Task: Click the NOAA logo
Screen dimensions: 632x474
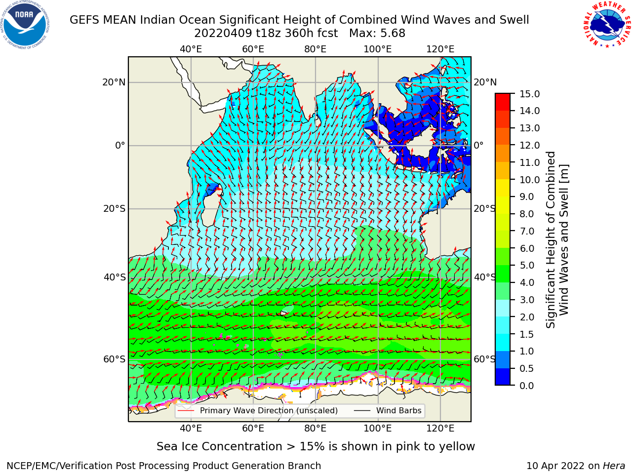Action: click(25, 25)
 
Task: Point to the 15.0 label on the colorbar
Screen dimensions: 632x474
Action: click(529, 94)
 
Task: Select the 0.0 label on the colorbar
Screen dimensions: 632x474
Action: click(527, 385)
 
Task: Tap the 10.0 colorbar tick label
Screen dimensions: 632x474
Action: click(529, 180)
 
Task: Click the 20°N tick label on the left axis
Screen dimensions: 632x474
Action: click(114, 82)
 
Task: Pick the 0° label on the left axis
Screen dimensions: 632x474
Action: click(120, 145)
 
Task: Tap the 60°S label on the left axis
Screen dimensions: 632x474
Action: click(115, 359)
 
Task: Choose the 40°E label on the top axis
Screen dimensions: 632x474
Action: click(191, 49)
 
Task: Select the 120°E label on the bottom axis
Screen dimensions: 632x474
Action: click(440, 428)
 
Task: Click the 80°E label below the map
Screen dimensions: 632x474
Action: click(316, 428)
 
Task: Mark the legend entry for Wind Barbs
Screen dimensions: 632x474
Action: click(388, 410)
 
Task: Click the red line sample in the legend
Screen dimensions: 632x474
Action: click(186, 411)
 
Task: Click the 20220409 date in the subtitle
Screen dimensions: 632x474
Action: click(223, 34)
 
